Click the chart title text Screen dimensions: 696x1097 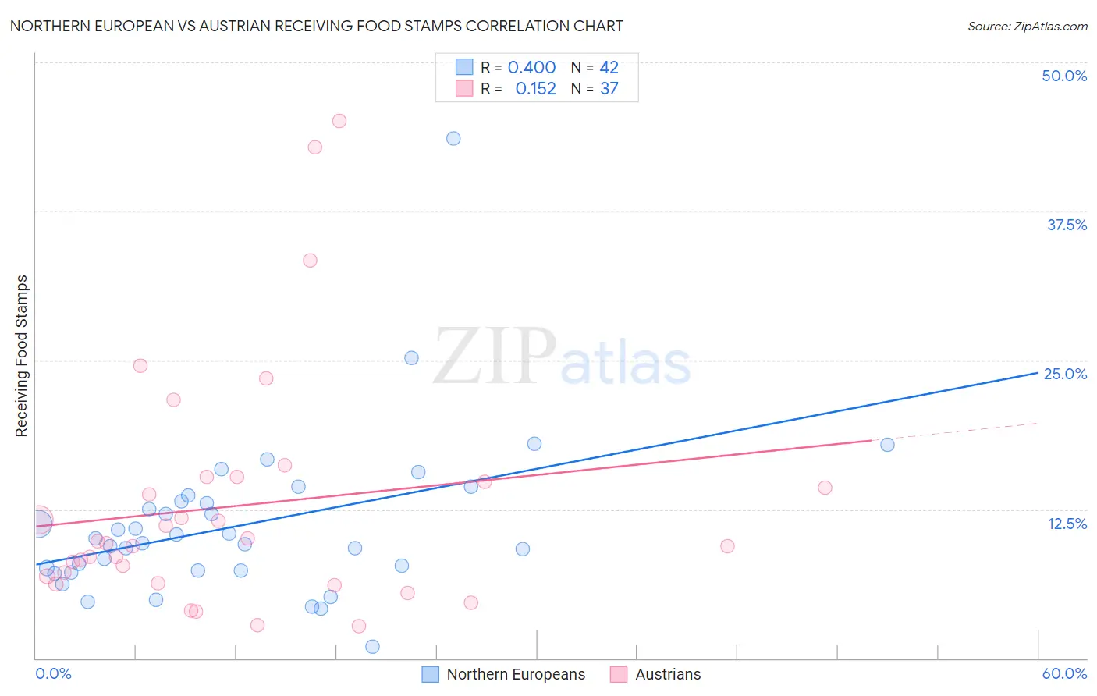(316, 26)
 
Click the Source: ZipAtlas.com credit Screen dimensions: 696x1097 (1027, 26)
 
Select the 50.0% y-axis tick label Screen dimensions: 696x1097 (1063, 76)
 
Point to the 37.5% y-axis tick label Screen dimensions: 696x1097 (1066, 225)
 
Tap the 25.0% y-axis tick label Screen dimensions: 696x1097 (1065, 374)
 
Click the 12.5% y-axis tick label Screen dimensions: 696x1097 (1067, 524)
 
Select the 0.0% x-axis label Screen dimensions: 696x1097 (53, 673)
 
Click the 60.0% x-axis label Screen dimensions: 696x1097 (1063, 673)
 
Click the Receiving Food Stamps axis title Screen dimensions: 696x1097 (22, 356)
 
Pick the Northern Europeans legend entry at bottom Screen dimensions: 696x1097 (503, 674)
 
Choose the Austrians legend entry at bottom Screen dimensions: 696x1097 (655, 674)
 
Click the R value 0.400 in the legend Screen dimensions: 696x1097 (531, 68)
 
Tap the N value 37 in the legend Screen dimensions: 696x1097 (609, 89)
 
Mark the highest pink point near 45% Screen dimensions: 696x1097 (339, 121)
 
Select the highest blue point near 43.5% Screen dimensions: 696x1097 (453, 139)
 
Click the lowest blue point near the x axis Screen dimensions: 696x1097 (372, 646)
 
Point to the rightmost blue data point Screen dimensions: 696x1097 (887, 445)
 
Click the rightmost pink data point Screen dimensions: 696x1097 (825, 488)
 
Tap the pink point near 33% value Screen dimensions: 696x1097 (310, 261)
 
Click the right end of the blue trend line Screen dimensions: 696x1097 (1037, 374)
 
